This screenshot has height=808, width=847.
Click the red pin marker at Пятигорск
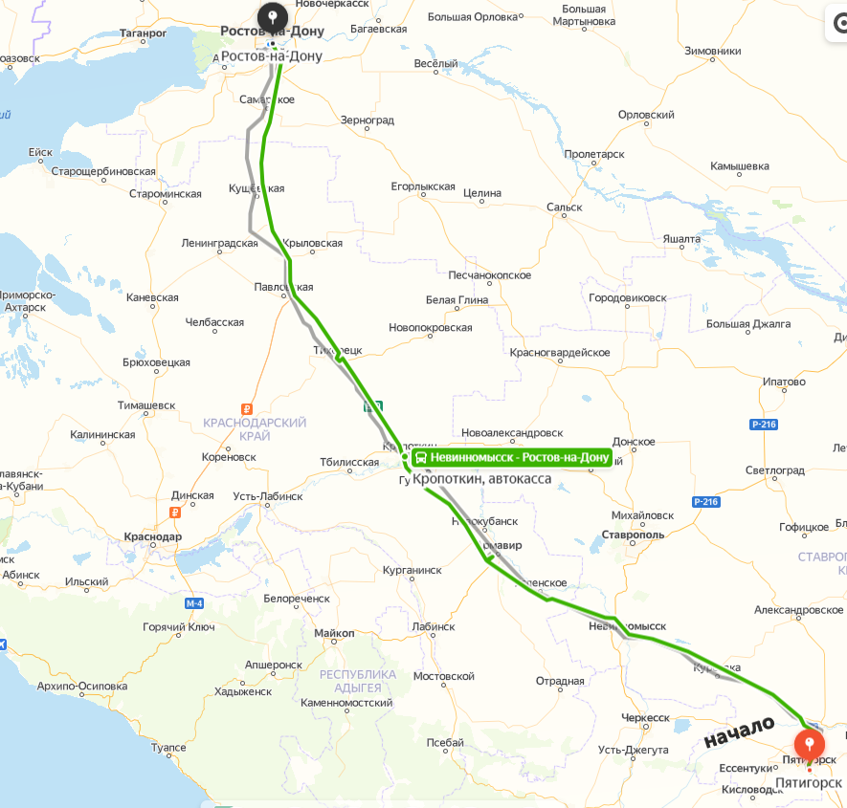tap(810, 744)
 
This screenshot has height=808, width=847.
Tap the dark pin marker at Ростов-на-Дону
tap(274, 17)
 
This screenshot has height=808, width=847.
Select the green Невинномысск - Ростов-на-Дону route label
tap(511, 458)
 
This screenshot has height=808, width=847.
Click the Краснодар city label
tap(152, 537)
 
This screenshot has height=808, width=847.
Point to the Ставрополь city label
tap(633, 535)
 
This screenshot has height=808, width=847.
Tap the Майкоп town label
tap(334, 634)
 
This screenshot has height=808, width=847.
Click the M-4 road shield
tap(195, 603)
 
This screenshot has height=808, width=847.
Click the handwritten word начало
tap(738, 732)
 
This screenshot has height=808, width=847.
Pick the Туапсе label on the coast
tap(168, 748)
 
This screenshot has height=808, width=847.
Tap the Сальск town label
tap(564, 207)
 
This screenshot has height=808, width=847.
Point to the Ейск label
tap(40, 152)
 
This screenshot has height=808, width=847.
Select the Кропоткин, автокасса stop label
tap(481, 478)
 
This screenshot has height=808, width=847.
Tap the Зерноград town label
tap(368, 120)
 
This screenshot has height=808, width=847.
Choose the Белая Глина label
tap(457, 300)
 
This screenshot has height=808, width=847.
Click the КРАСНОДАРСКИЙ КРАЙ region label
tap(255, 428)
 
